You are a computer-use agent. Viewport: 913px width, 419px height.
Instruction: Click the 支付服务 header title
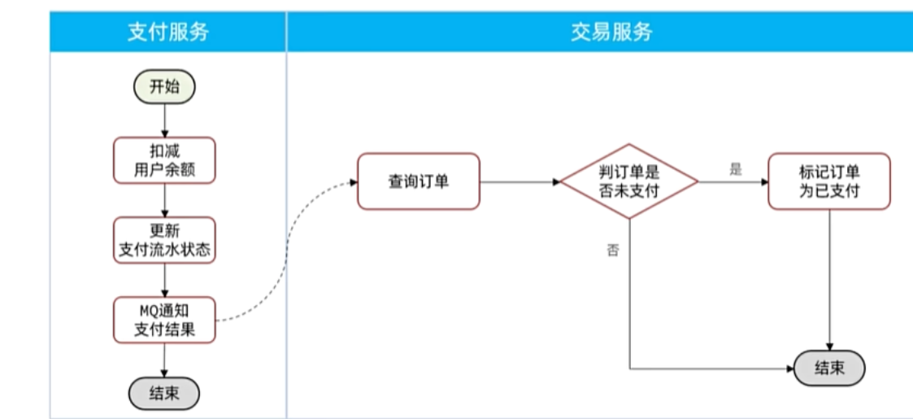[x=167, y=32]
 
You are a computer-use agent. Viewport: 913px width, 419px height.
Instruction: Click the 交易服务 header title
[x=611, y=32]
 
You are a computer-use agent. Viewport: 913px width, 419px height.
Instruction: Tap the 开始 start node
[x=164, y=87]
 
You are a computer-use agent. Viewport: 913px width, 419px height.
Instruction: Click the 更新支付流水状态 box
[x=164, y=240]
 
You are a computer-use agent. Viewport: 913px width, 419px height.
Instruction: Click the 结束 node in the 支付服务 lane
[x=164, y=394]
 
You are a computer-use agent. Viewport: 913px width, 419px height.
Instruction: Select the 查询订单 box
[x=418, y=181]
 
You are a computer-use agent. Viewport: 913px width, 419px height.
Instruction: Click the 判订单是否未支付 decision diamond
[x=628, y=181]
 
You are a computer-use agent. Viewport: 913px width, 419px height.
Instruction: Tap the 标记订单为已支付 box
[x=828, y=181]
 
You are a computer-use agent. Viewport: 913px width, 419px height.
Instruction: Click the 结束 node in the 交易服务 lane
[x=828, y=369]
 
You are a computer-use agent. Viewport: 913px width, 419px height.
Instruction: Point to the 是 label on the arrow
[x=736, y=169]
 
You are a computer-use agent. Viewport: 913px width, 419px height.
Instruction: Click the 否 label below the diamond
[x=612, y=251]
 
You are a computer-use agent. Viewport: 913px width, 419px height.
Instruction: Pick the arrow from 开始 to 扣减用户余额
[x=164, y=120]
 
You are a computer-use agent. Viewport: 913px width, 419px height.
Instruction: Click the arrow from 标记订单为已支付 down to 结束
[x=828, y=277]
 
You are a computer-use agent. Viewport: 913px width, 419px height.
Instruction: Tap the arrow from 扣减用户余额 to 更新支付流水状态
[x=164, y=200]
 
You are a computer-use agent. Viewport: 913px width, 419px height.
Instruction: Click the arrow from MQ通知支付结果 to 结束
[x=164, y=360]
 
